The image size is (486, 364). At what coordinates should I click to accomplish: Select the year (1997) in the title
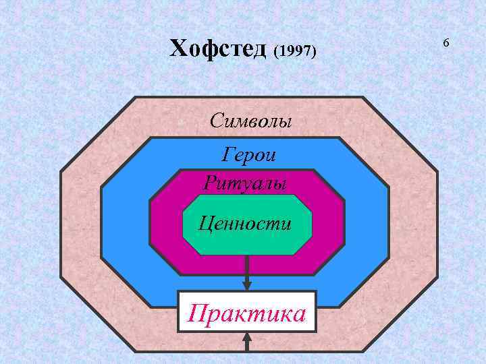click(295, 51)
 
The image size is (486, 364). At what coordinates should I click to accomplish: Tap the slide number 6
click(446, 43)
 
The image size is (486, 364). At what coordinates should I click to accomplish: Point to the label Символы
click(250, 121)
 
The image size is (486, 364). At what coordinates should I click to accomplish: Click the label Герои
click(249, 155)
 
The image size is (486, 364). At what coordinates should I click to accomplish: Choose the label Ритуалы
click(244, 182)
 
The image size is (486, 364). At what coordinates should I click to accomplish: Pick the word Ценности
click(245, 222)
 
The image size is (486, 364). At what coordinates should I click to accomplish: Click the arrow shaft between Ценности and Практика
click(247, 266)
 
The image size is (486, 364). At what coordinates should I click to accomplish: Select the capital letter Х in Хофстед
click(176, 49)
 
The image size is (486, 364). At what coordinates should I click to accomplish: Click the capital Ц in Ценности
click(203, 223)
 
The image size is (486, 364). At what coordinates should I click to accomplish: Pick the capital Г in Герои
click(228, 155)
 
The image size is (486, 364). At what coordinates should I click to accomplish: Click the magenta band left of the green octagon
click(165, 222)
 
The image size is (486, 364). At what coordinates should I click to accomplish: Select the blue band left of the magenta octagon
click(125, 222)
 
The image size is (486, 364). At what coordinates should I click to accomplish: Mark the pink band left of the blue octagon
click(81, 222)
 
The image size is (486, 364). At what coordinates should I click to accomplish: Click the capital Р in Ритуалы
click(209, 182)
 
